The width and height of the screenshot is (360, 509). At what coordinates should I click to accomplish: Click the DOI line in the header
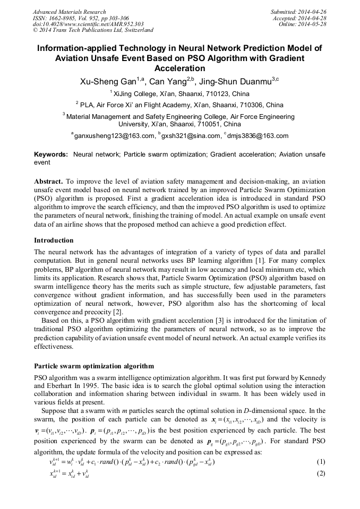pyautogui.click(x=88, y=24)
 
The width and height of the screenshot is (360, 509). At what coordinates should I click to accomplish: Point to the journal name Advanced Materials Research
pyautogui.click(x=69, y=12)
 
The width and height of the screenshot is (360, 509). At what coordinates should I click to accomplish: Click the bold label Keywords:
pyautogui.click(x=51, y=154)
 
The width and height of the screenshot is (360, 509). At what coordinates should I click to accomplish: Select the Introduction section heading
pyautogui.click(x=54, y=240)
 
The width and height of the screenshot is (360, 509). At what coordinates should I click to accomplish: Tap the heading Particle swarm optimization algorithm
pyautogui.click(x=94, y=366)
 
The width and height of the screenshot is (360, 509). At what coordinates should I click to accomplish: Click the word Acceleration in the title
pyautogui.click(x=179, y=68)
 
